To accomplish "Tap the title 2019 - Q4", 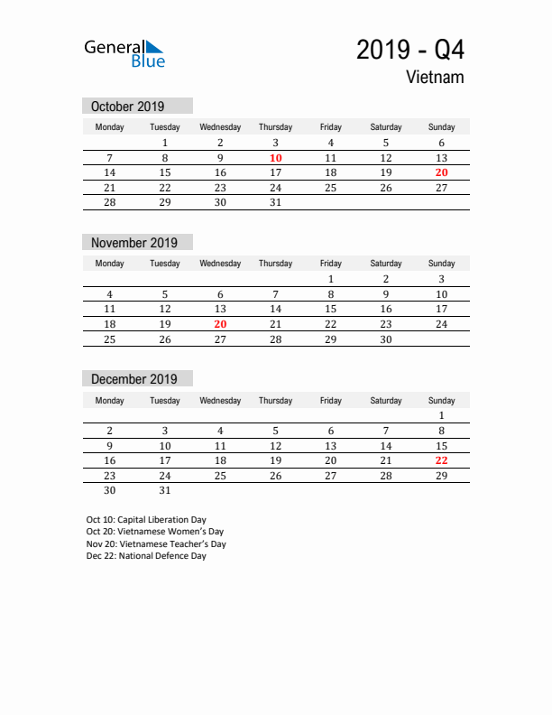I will point(410,50).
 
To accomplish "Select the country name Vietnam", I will point(435,78).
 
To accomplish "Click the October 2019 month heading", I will point(128,107).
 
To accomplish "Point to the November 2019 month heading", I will point(134,243).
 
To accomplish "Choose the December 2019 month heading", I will point(134,379).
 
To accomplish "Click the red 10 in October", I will point(275,158).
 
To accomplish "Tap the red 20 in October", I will point(441,172).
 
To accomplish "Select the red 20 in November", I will point(220,324).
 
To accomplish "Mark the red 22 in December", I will point(441,460).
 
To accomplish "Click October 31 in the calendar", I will point(275,203).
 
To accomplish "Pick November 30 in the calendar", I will point(386,339).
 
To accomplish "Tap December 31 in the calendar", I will point(165,491).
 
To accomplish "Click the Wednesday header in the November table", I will point(220,264).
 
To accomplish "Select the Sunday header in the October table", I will point(441,127).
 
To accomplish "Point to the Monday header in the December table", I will point(109,400).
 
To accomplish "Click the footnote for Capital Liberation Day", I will point(146,520).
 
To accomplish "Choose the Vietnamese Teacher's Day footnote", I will point(156,544).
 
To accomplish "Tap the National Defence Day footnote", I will point(146,556).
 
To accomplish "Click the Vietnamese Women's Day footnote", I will point(154,532).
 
